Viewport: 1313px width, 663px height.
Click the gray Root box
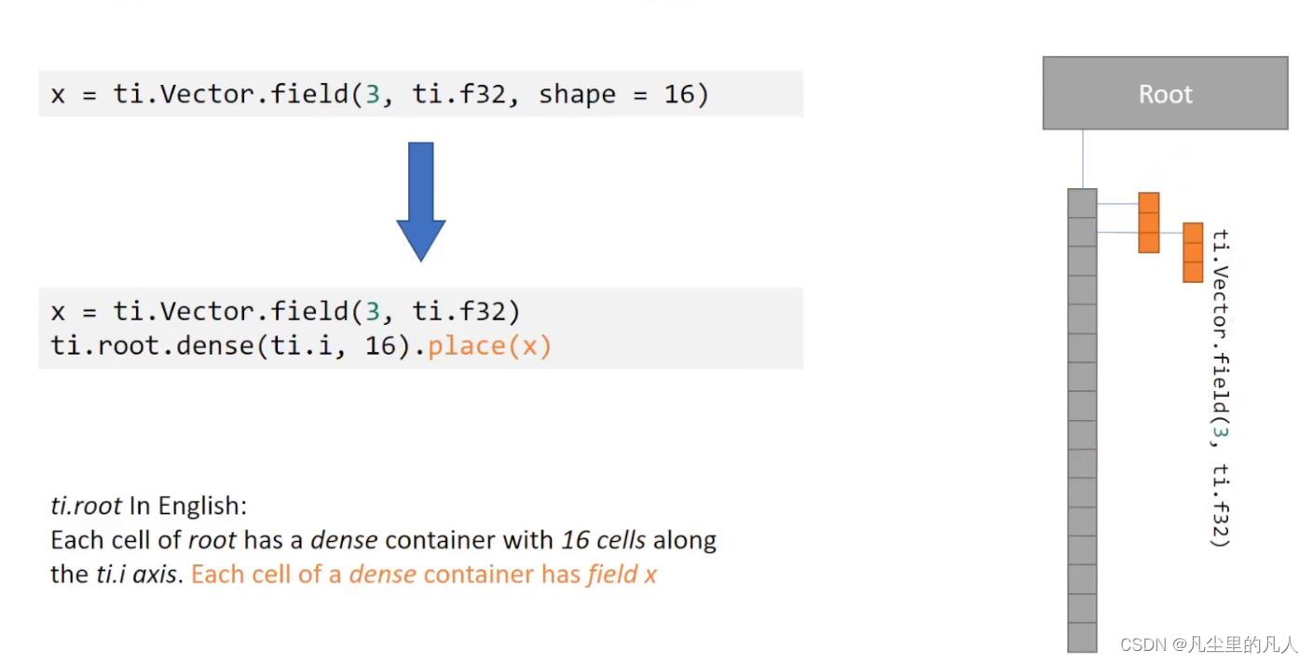coord(1165,93)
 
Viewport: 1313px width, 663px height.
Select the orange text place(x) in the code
coord(490,346)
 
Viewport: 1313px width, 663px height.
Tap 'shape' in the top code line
coord(577,94)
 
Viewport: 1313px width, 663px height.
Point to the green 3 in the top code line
coord(372,94)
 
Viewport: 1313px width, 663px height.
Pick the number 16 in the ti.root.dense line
coord(378,346)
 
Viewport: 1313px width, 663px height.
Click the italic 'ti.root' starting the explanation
coord(86,506)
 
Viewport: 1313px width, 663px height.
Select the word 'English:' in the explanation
coord(202,506)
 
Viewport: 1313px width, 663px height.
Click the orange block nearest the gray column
coord(1149,223)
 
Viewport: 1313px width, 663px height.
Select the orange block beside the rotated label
coord(1193,252)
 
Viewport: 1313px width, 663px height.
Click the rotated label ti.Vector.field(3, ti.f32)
coord(1221,388)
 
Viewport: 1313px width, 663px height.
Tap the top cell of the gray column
coord(1082,202)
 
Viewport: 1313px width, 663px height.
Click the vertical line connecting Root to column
coord(1083,159)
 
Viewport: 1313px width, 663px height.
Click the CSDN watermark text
coord(1209,644)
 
